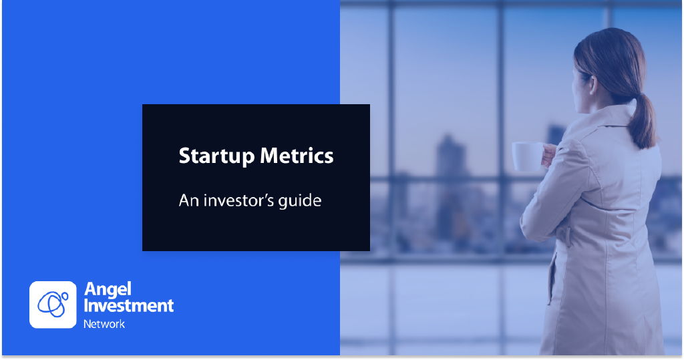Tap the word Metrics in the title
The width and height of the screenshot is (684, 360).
[x=297, y=156]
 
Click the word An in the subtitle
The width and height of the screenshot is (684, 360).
[x=189, y=201]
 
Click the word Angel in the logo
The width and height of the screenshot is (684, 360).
[x=108, y=290]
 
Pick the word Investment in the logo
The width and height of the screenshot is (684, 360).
[x=129, y=305]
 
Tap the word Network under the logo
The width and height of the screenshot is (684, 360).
[x=104, y=324]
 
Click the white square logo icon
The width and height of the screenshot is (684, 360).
[x=53, y=305]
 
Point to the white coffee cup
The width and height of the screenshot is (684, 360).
[x=526, y=156]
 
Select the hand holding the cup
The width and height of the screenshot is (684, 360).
[x=548, y=156]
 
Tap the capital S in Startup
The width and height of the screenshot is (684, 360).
[x=185, y=156]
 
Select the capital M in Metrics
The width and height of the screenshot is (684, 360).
[x=270, y=156]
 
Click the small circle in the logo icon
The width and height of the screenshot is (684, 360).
[x=65, y=297]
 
